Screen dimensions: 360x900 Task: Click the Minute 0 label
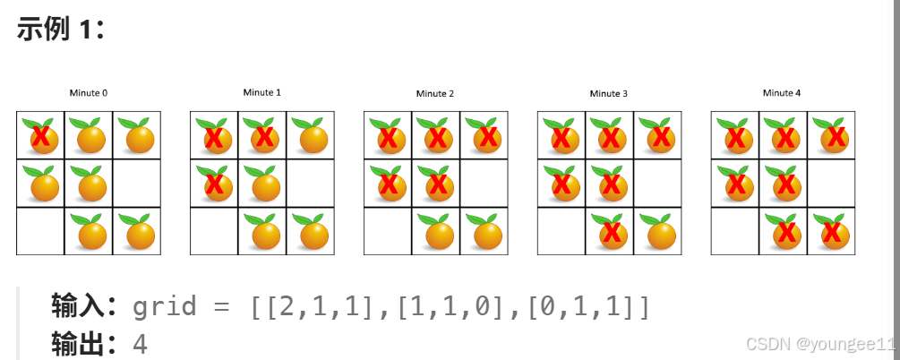(x=88, y=93)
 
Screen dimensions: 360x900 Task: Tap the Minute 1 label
(x=261, y=92)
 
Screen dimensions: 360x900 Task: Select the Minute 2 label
(x=434, y=94)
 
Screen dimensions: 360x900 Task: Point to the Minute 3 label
(x=608, y=94)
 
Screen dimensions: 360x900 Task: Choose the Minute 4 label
(x=782, y=93)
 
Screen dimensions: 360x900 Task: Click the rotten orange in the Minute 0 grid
(x=40, y=136)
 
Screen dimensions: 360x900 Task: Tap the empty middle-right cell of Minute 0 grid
(x=136, y=184)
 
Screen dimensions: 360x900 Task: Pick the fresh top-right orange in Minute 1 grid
(x=311, y=136)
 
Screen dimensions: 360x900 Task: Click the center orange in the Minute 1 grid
(x=262, y=184)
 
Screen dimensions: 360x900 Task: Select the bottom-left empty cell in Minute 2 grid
(x=388, y=231)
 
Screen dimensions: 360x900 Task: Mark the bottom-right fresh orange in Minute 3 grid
(x=658, y=231)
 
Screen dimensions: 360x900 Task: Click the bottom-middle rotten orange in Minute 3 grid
(x=610, y=231)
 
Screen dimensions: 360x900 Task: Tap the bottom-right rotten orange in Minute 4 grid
(x=832, y=231)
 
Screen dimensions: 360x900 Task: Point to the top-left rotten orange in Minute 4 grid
(x=735, y=136)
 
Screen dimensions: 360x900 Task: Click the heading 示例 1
(x=60, y=29)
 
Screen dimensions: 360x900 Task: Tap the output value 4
(x=140, y=344)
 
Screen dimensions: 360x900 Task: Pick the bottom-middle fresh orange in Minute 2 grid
(x=436, y=231)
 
